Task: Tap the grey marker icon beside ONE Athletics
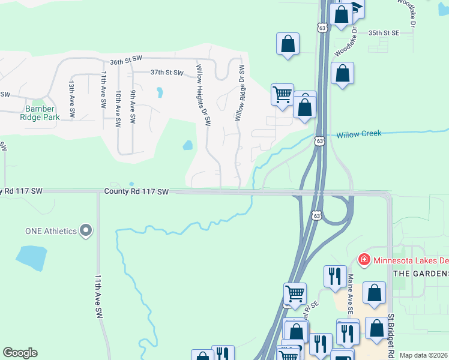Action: click(86, 230)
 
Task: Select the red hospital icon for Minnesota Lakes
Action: click(364, 260)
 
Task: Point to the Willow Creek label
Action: click(358, 134)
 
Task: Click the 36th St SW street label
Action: click(125, 61)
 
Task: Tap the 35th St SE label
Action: click(384, 32)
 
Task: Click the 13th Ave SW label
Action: click(71, 98)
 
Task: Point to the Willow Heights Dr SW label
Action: click(203, 95)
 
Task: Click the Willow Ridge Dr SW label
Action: click(240, 93)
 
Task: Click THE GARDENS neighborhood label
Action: click(421, 273)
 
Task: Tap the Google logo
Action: click(20, 353)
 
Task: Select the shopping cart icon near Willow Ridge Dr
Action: click(282, 94)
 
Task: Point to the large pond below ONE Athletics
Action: click(32, 257)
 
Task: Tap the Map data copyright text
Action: click(424, 355)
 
